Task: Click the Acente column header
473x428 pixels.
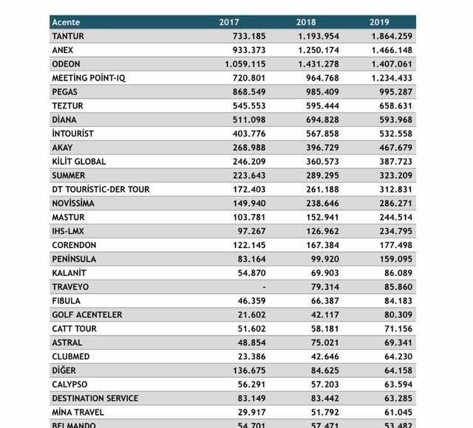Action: point(66,22)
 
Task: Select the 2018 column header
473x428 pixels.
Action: point(306,22)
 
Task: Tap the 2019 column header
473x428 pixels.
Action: point(381,22)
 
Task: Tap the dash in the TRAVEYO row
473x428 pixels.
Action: point(264,286)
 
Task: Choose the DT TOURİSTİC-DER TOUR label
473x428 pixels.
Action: point(101,190)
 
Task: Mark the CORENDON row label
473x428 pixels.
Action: point(74,245)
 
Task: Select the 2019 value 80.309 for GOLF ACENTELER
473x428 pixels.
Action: point(397,314)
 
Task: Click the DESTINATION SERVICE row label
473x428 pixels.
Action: point(95,398)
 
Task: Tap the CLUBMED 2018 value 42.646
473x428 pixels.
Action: point(324,356)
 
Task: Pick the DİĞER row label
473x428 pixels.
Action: point(64,370)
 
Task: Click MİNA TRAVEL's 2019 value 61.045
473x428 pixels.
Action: point(397,413)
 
